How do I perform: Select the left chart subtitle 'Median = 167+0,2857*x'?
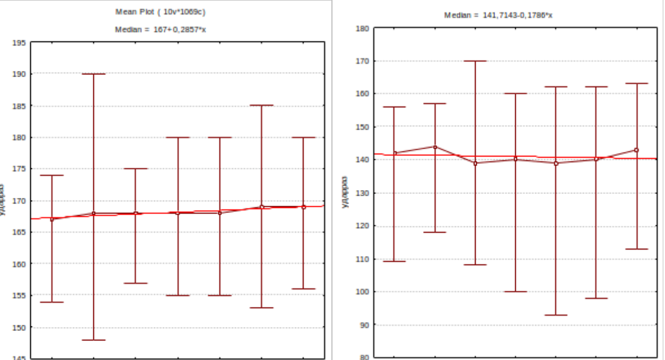coord(160,30)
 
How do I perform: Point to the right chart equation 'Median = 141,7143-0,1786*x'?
coord(498,15)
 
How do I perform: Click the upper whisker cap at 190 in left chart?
coord(93,74)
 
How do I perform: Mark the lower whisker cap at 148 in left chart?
coord(93,340)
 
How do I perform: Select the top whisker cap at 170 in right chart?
coord(475,61)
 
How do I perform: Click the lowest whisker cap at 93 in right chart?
coord(555,315)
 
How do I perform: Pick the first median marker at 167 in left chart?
coord(52,219)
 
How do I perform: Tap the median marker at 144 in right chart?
coord(435,147)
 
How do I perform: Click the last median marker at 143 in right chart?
coord(636,150)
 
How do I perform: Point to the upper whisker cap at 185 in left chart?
coord(261,105)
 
